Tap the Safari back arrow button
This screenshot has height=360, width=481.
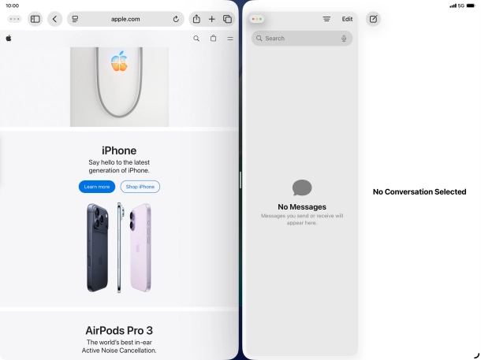[x=54, y=19]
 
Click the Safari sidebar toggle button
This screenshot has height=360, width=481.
[x=35, y=19]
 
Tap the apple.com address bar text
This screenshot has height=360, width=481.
[x=125, y=19]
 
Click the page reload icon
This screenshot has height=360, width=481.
[x=176, y=19]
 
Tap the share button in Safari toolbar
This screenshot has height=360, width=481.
[x=196, y=19]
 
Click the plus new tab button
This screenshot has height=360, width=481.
[x=211, y=19]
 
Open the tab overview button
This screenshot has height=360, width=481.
[x=227, y=19]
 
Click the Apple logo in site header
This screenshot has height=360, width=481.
[x=9, y=37]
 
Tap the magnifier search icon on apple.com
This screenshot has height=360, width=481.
[x=196, y=38]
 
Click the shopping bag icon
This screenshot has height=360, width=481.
[x=213, y=38]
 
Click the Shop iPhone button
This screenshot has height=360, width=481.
[x=140, y=187]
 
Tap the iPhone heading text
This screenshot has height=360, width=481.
[x=119, y=150]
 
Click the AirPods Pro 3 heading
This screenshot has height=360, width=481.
[x=119, y=330]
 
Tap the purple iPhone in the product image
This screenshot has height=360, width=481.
[x=140, y=247]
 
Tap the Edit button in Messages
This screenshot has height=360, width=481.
[x=347, y=19]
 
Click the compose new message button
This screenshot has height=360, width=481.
[x=373, y=19]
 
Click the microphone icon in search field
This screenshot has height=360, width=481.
[x=344, y=38]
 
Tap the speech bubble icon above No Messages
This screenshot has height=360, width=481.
[x=302, y=187]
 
